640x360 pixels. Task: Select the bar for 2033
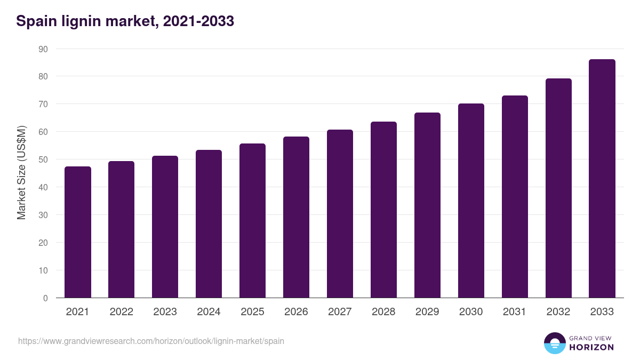[x=602, y=179]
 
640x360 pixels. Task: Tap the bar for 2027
[x=340, y=214]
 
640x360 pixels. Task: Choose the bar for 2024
[x=209, y=224]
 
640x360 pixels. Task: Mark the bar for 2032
[x=558, y=188]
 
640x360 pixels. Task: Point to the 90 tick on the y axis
[x=43, y=49]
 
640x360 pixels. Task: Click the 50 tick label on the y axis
[x=43, y=159]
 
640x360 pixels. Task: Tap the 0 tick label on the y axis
[x=45, y=298]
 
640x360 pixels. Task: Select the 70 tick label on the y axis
[x=43, y=104]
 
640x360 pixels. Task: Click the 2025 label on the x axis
[x=252, y=312]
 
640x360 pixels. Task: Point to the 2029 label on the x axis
[x=427, y=312]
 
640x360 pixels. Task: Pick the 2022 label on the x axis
[x=121, y=312]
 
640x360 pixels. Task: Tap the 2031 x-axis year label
[x=515, y=312]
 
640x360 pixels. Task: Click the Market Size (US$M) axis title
[x=21, y=174]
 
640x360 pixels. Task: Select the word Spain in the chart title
[x=35, y=21]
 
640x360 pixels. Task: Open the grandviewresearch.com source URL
[x=151, y=341]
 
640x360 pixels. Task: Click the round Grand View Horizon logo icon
[x=555, y=343]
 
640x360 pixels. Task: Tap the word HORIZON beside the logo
[x=591, y=347]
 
